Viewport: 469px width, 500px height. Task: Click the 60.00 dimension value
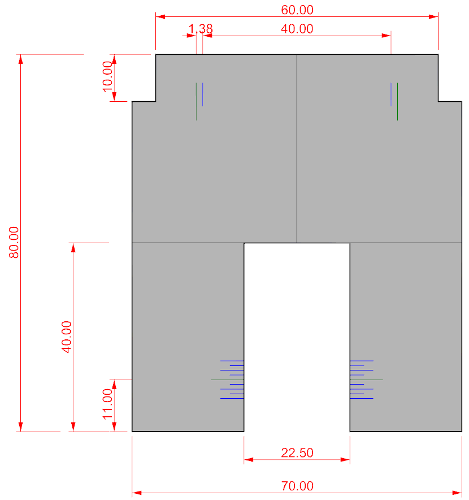[x=297, y=10]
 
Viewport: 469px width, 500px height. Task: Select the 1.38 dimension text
[x=201, y=29]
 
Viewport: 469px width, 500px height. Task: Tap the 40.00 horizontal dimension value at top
[x=297, y=29]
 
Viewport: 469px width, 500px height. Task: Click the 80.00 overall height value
[x=14, y=242]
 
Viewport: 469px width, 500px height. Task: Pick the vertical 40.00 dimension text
[x=66, y=337]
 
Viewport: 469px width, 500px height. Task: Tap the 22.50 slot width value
[x=297, y=453]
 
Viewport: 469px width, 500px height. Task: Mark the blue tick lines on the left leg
[x=232, y=380]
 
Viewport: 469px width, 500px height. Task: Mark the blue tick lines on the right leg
[x=361, y=380]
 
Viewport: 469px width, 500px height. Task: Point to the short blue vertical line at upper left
[x=202, y=94]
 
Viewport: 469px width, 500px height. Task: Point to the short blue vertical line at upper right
[x=391, y=94]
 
